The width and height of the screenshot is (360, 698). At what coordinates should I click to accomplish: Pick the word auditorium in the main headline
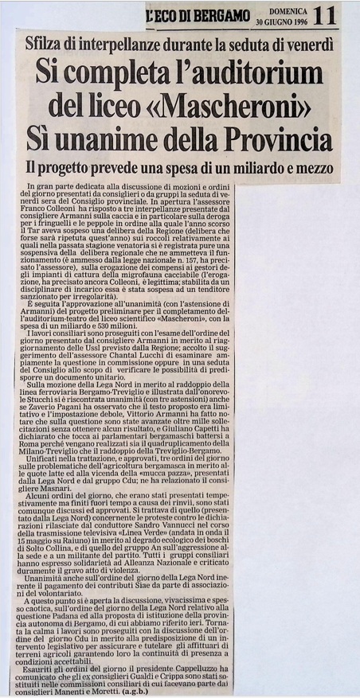click(x=247, y=74)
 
